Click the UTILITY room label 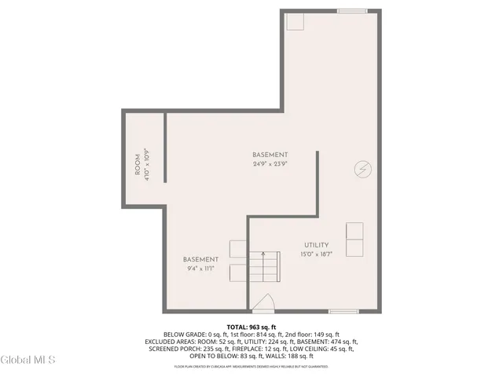(x=317, y=245)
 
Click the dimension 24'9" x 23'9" (x=270, y=164)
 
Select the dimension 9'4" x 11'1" (x=200, y=269)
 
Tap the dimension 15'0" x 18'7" (x=317, y=254)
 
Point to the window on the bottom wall (x=343, y=311)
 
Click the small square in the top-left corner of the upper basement (x=294, y=21)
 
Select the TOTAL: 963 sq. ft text (x=251, y=326)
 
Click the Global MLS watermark (x=28, y=360)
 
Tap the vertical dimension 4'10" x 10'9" (x=147, y=167)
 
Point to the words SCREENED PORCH (x=170, y=350)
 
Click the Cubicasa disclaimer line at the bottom (x=251, y=366)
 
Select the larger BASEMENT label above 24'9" (x=270, y=155)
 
